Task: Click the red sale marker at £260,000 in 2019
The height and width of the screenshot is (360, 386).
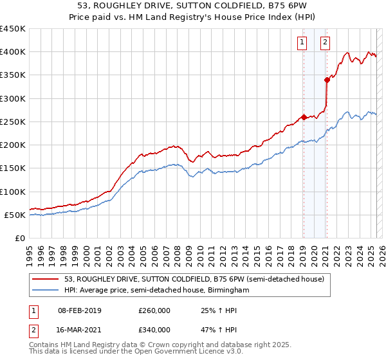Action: [304, 117]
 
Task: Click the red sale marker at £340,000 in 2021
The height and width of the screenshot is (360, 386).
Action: [327, 80]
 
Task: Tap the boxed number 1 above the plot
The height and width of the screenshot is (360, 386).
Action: [302, 43]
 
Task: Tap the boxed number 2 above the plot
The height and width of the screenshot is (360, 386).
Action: [325, 43]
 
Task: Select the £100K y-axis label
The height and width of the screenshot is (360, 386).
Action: [13, 192]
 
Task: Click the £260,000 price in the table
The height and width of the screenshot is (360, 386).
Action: [154, 310]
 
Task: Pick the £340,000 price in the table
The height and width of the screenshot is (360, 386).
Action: [154, 330]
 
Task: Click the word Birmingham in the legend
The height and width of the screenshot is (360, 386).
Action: [228, 291]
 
